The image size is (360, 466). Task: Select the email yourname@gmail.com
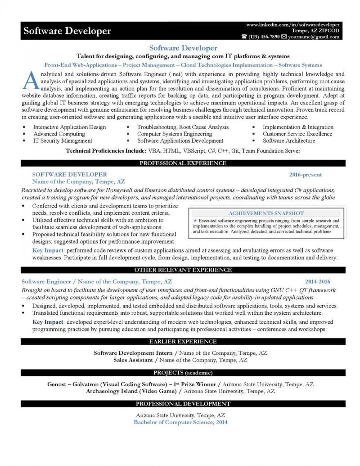[x=314, y=37]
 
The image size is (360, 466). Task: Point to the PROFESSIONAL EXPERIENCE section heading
[x=183, y=163]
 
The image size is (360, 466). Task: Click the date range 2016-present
[x=306, y=174]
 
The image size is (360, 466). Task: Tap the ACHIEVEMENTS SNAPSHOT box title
[x=267, y=213]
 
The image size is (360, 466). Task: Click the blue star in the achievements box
[x=195, y=221]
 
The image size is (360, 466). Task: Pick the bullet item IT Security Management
[x=59, y=141]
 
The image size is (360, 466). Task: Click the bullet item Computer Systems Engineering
[x=175, y=134]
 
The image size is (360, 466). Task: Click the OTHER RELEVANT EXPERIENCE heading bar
[x=183, y=270]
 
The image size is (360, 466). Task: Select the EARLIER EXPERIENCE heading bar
[x=183, y=341]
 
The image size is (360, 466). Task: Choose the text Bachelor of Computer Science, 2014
[x=180, y=422]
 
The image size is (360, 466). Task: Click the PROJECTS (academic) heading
[x=183, y=373]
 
